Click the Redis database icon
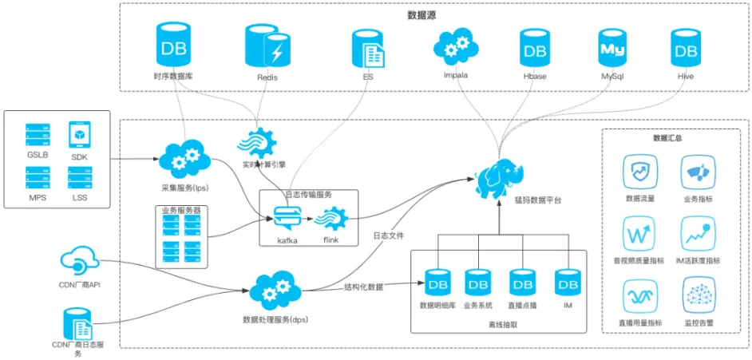point(267,47)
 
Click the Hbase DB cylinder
point(536,49)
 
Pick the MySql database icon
point(611,48)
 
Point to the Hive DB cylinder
point(685,49)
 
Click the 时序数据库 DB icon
point(173,46)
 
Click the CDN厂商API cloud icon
point(78,263)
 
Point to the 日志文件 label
point(388,236)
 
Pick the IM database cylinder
point(568,283)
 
